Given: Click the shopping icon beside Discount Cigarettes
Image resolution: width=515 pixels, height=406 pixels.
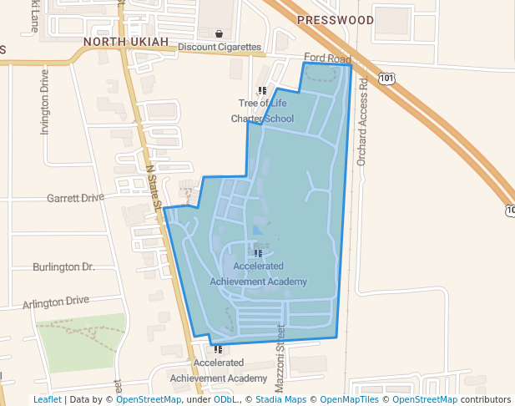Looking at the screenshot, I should pos(219,34).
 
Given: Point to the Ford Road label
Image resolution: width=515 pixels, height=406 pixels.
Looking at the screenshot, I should pos(327,58).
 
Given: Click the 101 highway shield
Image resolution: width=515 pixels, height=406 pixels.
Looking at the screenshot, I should pos(386,78).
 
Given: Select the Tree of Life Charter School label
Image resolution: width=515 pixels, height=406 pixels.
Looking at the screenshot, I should pos(262,111).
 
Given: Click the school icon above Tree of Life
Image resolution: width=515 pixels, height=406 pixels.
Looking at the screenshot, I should pos(262,90).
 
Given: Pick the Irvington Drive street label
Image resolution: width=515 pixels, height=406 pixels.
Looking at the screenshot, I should pos(45,103).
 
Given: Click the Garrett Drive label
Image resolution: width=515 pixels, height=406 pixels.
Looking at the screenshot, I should pos(75,199).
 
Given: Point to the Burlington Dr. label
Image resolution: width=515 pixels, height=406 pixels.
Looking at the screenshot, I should pos(63,267).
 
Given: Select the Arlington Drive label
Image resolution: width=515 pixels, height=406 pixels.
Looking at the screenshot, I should pos(55,302).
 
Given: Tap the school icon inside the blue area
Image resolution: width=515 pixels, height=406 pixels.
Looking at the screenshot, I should pos(259,252).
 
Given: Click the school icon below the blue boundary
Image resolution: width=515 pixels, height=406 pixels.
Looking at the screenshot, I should pos(219,350).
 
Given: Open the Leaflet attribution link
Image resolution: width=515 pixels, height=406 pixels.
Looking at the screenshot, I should pos(47,400).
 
